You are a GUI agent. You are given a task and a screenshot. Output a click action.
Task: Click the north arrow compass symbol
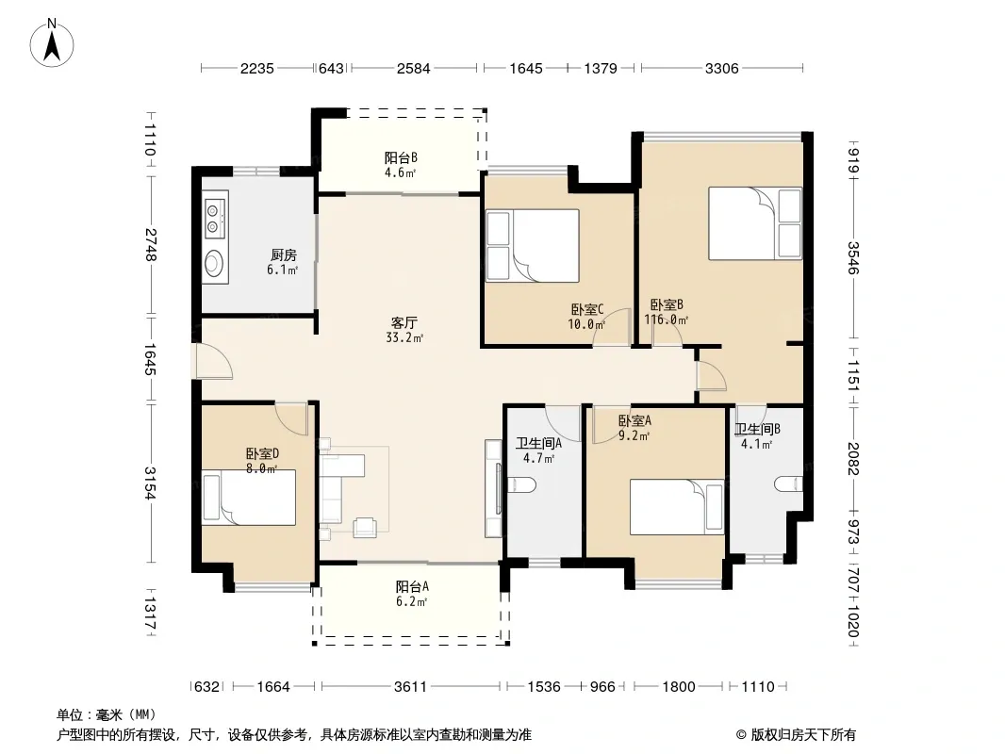[x=52, y=42]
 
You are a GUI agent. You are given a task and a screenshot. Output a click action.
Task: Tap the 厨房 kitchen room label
[x=283, y=255]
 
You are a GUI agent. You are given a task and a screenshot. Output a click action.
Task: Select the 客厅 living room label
[x=404, y=322]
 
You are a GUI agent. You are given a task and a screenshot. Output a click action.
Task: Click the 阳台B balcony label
[x=402, y=157]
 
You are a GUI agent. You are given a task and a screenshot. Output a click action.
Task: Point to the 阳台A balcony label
[x=412, y=586]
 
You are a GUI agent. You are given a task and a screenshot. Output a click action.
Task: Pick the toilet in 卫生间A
[x=521, y=485]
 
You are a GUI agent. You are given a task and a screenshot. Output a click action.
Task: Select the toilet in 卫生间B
[x=788, y=484]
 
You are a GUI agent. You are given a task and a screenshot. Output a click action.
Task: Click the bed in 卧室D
[x=249, y=498]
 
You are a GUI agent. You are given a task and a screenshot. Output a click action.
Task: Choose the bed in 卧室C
[x=533, y=246]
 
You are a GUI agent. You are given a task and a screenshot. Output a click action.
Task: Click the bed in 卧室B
[x=755, y=223]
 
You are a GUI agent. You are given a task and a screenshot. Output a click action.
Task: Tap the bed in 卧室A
[x=677, y=507]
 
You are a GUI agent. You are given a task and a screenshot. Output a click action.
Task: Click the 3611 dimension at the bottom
[x=410, y=687]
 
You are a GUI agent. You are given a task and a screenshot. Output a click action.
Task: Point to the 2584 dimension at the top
[x=414, y=68]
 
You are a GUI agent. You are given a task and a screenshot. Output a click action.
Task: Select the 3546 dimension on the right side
[x=853, y=257]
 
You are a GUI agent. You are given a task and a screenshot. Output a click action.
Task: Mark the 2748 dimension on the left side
[x=150, y=245]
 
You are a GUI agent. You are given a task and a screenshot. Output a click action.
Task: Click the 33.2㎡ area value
[x=404, y=337]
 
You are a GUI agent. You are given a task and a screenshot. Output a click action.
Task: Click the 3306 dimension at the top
[x=722, y=68]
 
